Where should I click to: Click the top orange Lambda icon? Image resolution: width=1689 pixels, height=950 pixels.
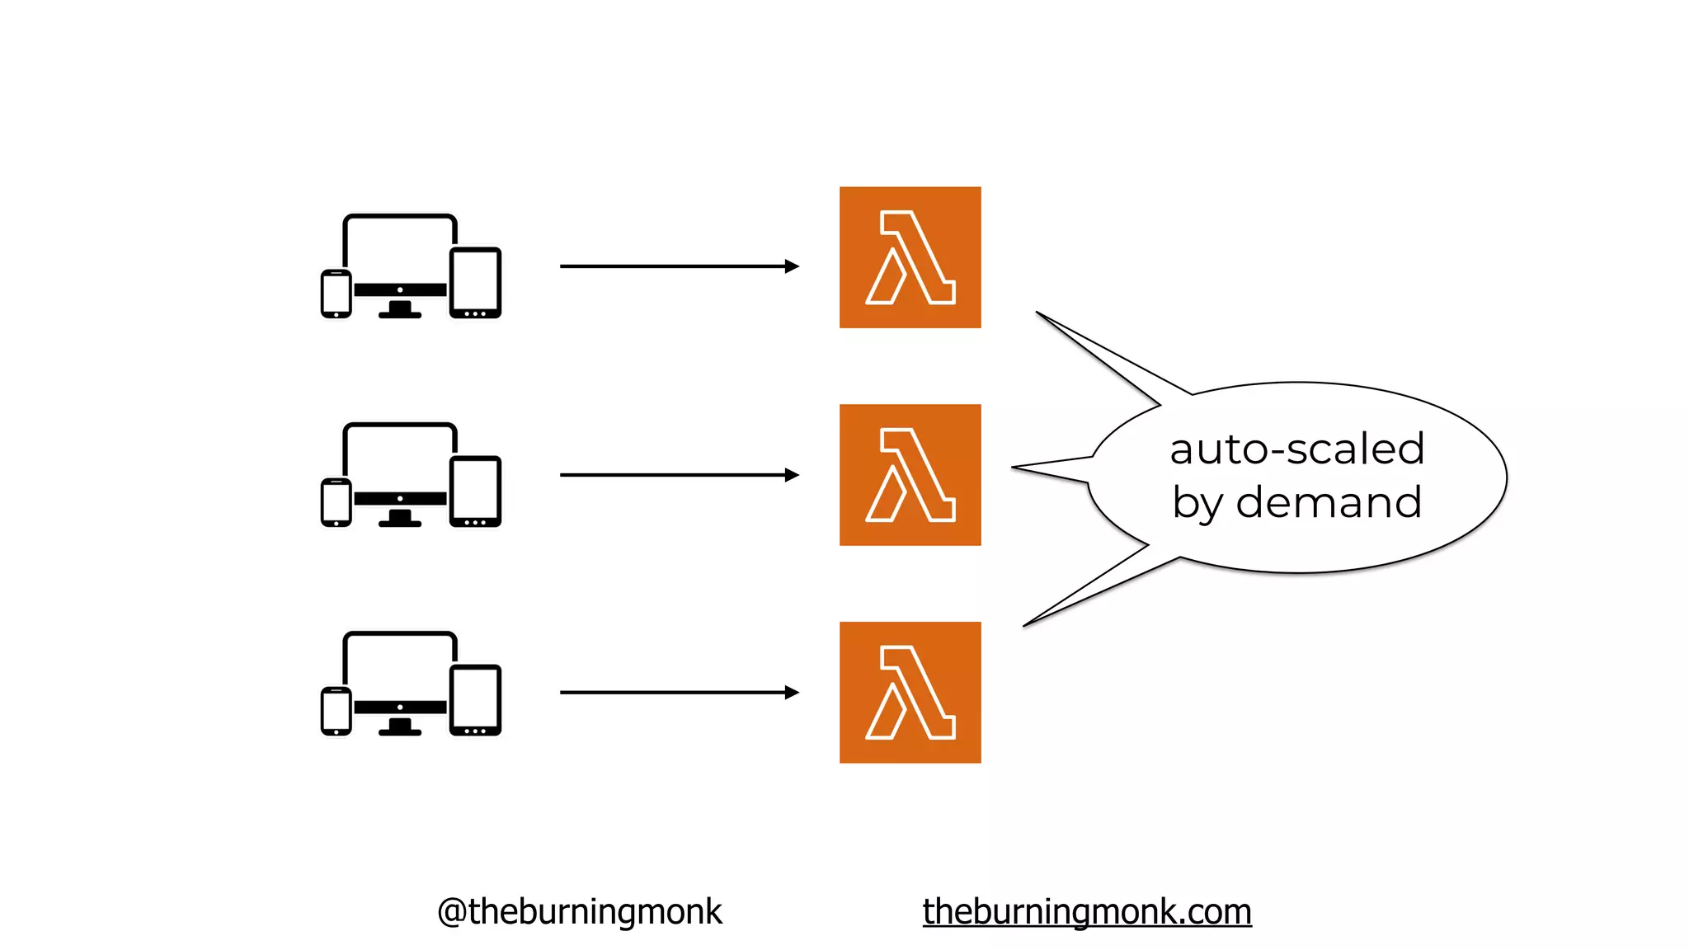[x=910, y=257]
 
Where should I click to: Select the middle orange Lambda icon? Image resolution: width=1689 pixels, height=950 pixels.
[x=910, y=475]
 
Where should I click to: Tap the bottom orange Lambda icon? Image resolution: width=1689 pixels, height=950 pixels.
[x=910, y=693]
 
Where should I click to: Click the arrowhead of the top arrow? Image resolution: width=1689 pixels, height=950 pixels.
[x=792, y=266]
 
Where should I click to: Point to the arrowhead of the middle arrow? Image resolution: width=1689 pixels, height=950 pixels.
[x=792, y=475]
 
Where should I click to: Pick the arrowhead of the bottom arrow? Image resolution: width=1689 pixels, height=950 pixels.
[x=792, y=693]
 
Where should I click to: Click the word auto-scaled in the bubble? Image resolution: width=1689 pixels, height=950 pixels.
[x=1296, y=449]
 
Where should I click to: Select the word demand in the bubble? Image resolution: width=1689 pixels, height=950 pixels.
[x=1329, y=502]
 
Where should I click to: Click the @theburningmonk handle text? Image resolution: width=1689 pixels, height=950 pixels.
[x=579, y=912]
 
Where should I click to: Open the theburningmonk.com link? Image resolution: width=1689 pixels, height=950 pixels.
[x=1087, y=912]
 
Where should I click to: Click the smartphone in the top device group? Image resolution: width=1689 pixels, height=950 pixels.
[x=336, y=294]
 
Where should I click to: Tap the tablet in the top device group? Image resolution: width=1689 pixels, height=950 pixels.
[x=476, y=282]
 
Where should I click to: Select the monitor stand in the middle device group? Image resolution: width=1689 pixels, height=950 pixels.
[x=400, y=518]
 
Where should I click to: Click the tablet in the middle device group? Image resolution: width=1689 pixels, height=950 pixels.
[x=476, y=491]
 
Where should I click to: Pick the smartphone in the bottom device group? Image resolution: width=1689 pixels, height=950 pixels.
[x=336, y=711]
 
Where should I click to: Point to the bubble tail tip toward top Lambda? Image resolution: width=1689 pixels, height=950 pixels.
[x=1038, y=313]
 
